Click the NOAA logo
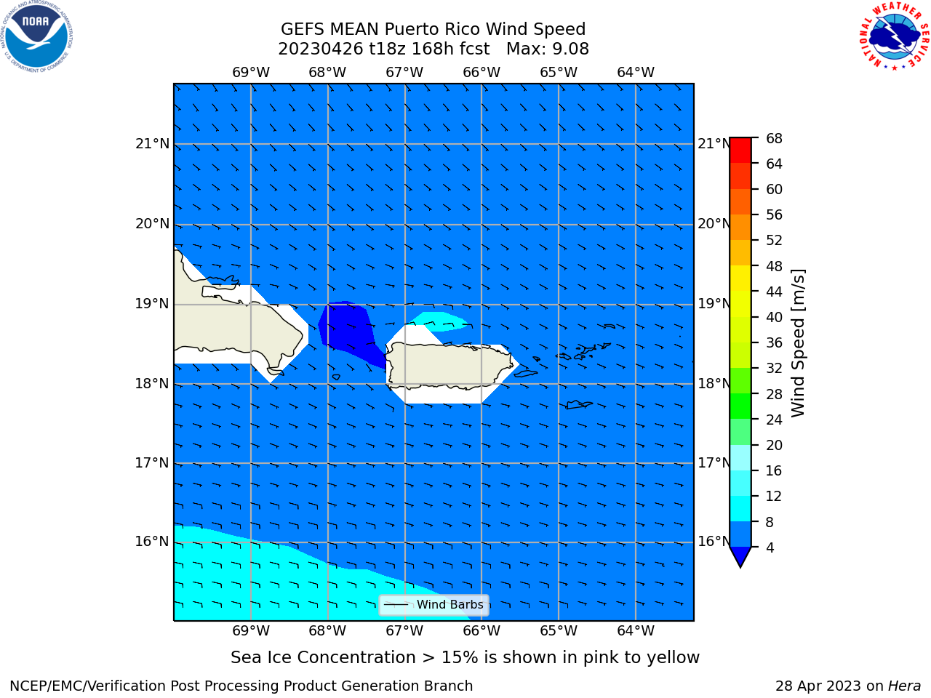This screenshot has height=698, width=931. (37, 36)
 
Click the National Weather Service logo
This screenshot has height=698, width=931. (894, 36)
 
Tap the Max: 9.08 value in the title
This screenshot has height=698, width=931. (547, 49)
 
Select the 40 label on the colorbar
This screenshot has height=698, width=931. (774, 317)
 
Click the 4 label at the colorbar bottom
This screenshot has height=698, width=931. (770, 547)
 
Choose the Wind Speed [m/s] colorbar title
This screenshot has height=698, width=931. (798, 342)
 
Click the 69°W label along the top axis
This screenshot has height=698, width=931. (251, 72)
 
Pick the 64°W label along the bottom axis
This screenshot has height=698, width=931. (636, 630)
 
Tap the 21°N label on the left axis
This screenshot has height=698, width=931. (152, 144)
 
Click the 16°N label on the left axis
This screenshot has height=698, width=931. (152, 541)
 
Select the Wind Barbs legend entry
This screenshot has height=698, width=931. (434, 605)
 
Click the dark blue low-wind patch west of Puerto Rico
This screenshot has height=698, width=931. (348, 331)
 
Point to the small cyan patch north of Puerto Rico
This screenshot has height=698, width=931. (439, 321)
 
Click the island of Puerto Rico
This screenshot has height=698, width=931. (449, 365)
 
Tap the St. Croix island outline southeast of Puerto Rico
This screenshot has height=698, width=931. (579, 405)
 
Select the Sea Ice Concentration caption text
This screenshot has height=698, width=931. (465, 657)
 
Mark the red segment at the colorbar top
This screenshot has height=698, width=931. (740, 151)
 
